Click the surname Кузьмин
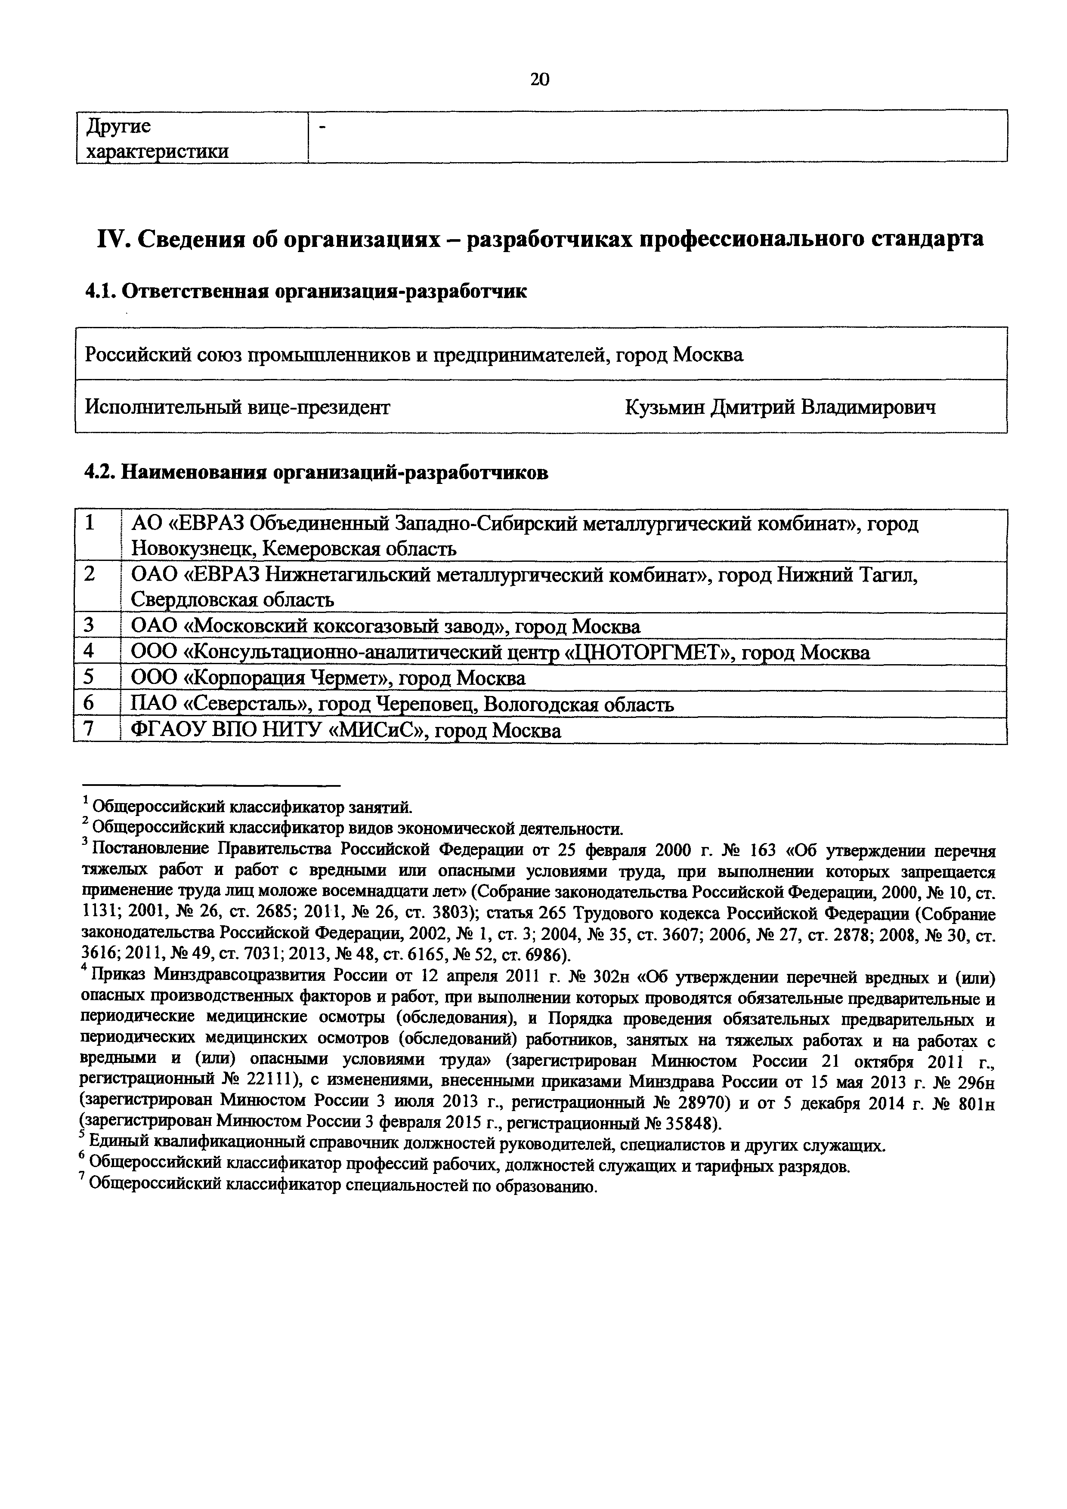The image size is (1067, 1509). click(665, 407)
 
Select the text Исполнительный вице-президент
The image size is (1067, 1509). click(237, 407)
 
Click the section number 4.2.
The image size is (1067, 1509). click(101, 473)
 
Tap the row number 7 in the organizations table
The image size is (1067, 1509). click(90, 730)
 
